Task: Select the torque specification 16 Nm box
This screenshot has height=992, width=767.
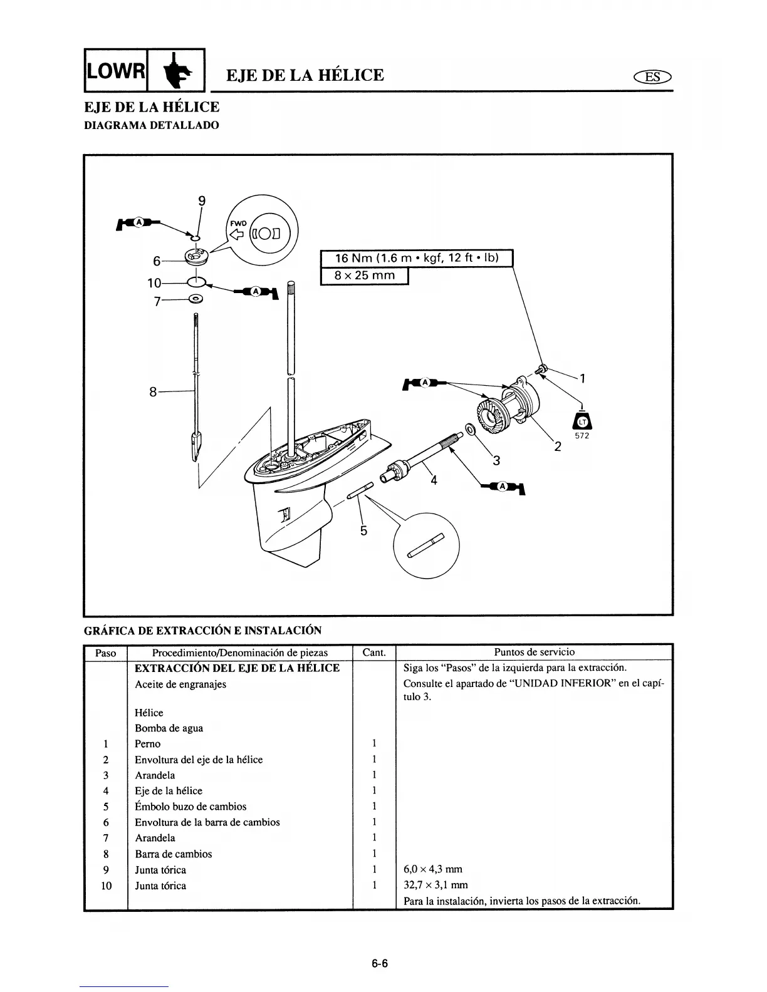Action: tap(416, 258)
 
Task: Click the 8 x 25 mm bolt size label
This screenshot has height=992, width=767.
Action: tap(365, 276)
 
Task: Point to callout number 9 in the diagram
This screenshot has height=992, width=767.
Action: tap(201, 201)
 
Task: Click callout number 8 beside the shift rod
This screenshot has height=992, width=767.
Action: tap(153, 392)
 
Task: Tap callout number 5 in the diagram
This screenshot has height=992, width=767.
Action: tap(363, 530)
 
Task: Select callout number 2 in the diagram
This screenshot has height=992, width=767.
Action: tap(557, 447)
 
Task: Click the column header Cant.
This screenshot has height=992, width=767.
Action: tap(374, 653)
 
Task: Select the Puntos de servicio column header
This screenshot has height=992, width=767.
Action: tap(534, 652)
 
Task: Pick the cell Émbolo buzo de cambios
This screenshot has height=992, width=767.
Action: tap(190, 807)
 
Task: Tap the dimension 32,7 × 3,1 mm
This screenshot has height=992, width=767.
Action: tap(436, 886)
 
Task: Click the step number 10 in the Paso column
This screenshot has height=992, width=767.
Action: tap(106, 886)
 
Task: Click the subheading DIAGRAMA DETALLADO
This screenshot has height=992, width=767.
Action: tap(152, 125)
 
